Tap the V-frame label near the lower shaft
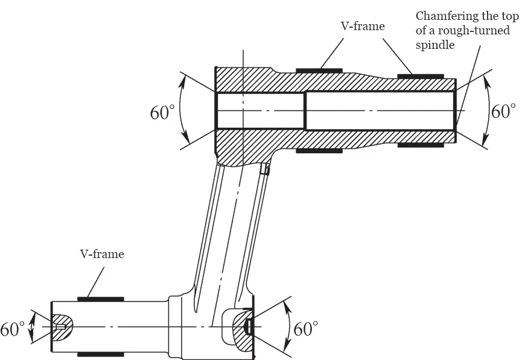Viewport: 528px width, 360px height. (102, 254)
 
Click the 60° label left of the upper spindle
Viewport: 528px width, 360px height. (162, 112)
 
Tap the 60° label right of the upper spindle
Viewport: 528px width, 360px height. (503, 111)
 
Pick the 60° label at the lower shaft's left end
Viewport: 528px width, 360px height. (12, 329)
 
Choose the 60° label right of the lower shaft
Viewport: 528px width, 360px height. (306, 329)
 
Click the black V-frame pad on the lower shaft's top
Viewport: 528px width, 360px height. (101, 298)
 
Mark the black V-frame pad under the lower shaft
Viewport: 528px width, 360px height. (101, 354)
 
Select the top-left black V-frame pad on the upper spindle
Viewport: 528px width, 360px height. (319, 71)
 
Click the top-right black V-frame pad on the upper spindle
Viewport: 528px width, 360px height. (421, 77)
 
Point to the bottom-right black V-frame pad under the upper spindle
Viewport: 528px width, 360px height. (421, 145)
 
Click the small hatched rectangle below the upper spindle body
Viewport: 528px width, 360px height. (264, 170)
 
